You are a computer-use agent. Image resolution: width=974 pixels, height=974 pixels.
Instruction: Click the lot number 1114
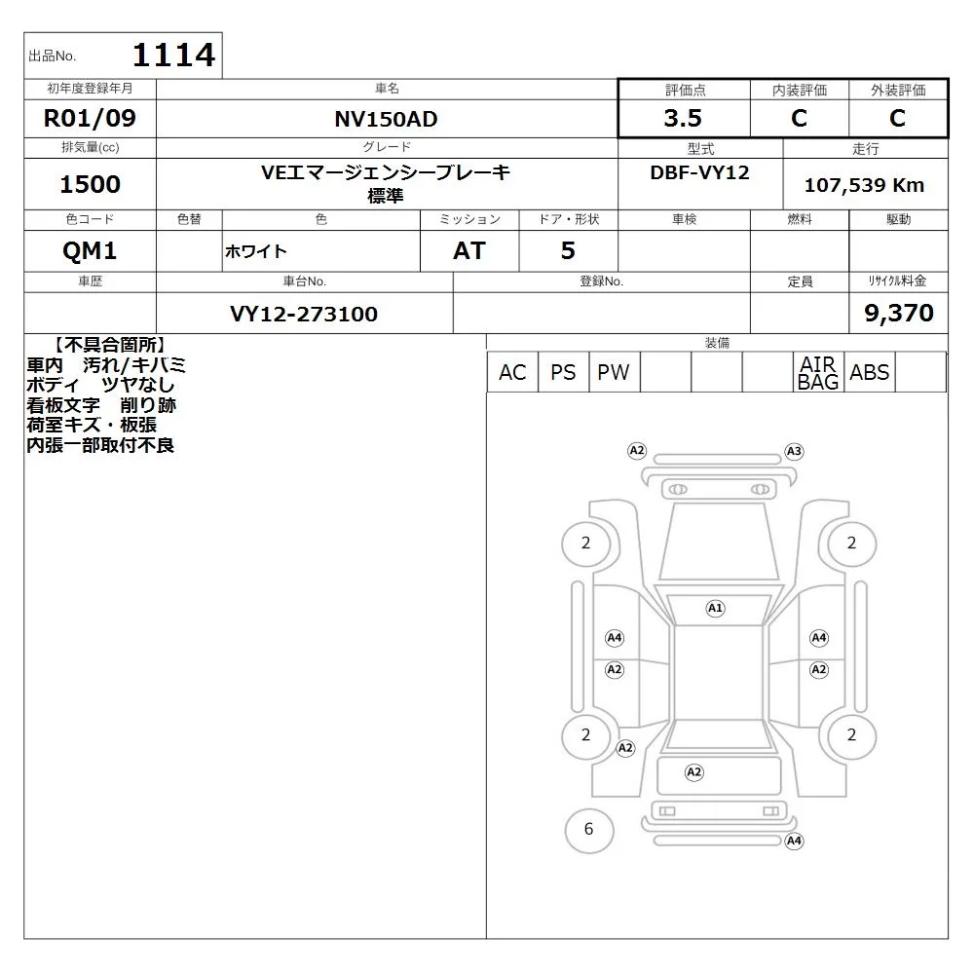tap(174, 55)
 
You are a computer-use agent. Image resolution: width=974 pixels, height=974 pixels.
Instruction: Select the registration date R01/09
tap(90, 118)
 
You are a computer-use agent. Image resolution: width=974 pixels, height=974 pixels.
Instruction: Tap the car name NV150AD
tap(386, 119)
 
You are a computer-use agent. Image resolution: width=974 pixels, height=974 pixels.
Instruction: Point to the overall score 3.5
tap(683, 118)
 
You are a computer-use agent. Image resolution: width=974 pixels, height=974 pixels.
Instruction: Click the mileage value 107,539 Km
tap(864, 184)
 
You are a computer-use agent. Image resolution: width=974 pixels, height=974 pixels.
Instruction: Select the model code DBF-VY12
tap(699, 172)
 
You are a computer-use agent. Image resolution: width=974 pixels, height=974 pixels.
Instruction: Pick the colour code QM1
tap(90, 250)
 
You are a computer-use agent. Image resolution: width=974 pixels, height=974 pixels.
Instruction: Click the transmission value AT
tap(469, 250)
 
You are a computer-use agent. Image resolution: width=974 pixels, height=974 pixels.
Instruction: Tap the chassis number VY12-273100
tap(304, 314)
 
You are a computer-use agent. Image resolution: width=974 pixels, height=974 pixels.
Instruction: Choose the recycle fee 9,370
tap(899, 313)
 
